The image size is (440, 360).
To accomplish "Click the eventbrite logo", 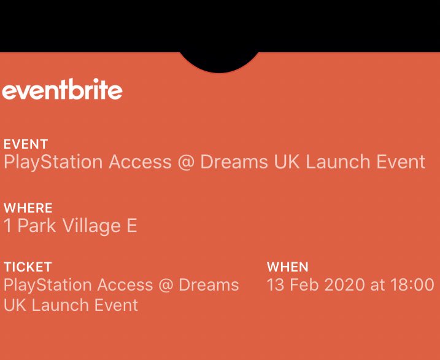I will [62, 91].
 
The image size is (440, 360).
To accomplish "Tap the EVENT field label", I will [26, 144].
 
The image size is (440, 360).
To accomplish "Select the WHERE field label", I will [28, 208].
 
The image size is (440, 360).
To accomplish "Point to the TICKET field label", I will [28, 267].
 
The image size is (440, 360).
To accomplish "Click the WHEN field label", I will [287, 267].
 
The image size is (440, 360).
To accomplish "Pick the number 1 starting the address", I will [8, 226].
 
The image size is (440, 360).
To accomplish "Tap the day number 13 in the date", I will [276, 285].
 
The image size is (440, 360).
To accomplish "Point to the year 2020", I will [344, 285].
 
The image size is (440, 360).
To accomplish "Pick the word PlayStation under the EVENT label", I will [53, 162].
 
